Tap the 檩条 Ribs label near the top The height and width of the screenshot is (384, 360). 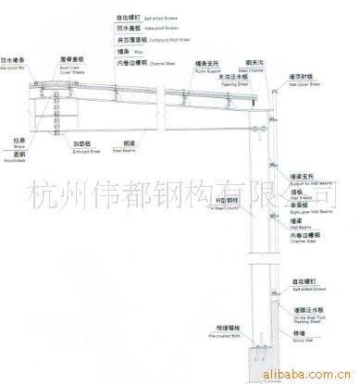[127, 52]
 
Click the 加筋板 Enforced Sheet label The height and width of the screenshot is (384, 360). [86, 145]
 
